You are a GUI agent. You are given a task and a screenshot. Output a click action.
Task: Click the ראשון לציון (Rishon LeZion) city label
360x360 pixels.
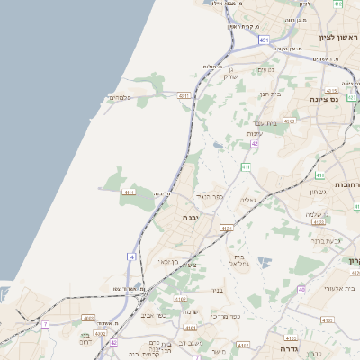click(x=334, y=38)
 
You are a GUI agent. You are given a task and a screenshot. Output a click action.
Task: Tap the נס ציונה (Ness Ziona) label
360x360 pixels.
click(x=321, y=100)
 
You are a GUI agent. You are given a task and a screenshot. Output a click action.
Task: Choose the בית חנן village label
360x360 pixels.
click(x=271, y=92)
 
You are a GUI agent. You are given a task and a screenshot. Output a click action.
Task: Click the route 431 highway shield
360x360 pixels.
click(x=263, y=40)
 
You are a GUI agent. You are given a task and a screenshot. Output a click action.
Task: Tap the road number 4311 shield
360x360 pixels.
click(x=184, y=95)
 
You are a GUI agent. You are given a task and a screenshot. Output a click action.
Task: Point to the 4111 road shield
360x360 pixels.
click(x=129, y=192)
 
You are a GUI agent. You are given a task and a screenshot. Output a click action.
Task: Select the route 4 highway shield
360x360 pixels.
click(x=131, y=257)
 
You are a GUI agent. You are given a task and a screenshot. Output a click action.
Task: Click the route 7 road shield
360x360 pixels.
click(x=44, y=322)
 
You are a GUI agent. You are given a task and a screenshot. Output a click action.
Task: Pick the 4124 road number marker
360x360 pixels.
click(x=225, y=229)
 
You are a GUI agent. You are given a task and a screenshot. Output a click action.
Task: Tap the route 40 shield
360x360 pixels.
click(x=301, y=289)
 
